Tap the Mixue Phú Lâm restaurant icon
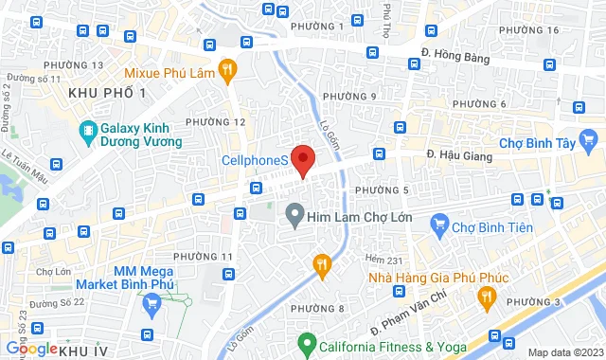point(226,69)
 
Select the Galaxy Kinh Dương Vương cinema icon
point(88,130)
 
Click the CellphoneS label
point(256,162)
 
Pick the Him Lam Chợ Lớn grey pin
point(295,217)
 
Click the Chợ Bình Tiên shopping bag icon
point(438,225)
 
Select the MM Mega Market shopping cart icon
point(151,305)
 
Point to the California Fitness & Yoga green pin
point(306,343)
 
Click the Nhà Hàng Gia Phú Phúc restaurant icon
point(486,297)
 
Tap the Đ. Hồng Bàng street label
point(456,55)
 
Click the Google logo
point(29,349)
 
